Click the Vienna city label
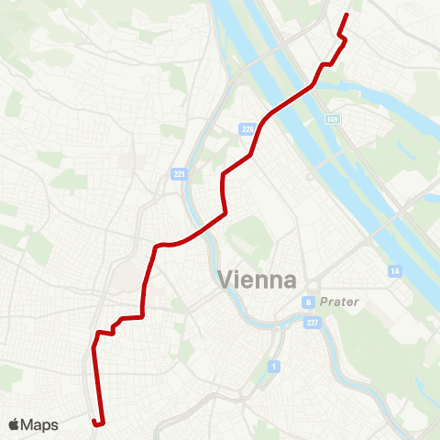(x=257, y=280)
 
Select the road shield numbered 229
(x=247, y=128)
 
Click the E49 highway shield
(x=333, y=119)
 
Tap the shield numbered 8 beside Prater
(x=310, y=302)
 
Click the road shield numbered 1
(x=273, y=368)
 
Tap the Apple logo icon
(x=15, y=424)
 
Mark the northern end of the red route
(x=346, y=16)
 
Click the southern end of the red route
(x=94, y=422)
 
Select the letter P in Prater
(x=324, y=302)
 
